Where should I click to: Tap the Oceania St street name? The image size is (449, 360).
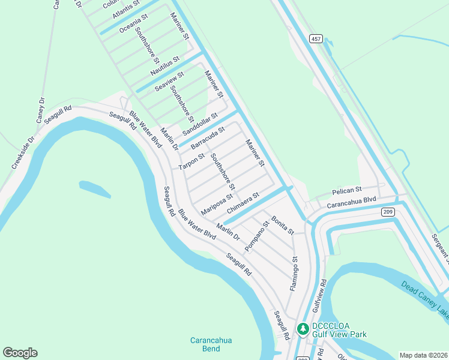(x=133, y=25)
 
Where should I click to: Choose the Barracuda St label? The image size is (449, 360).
(x=208, y=138)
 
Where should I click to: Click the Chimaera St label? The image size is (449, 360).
(x=243, y=203)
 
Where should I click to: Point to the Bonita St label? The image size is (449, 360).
(x=282, y=225)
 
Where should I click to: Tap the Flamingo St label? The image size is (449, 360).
(x=294, y=274)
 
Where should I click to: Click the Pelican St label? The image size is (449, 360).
(x=348, y=190)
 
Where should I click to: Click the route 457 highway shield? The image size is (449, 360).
(x=316, y=39)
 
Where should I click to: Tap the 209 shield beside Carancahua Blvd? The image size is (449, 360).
(x=387, y=211)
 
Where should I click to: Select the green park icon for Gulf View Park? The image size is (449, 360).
(x=303, y=329)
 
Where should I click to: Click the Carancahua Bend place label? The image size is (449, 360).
(x=211, y=344)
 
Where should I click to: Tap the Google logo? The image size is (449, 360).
(x=20, y=353)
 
